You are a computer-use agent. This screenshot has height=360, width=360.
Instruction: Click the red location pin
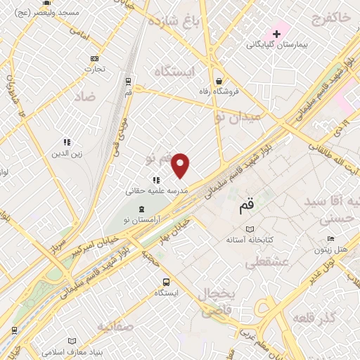click(181, 165)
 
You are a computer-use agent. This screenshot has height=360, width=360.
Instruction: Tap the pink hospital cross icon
click(277, 33)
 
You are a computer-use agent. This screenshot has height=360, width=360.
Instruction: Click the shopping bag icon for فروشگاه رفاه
click(220, 80)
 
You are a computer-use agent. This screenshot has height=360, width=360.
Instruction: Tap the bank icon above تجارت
click(95, 59)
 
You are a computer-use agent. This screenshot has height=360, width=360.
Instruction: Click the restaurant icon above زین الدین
click(67, 142)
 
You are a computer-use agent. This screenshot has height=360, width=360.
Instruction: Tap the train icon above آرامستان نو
click(143, 209)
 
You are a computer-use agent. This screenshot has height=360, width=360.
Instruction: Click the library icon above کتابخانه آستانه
click(250, 229)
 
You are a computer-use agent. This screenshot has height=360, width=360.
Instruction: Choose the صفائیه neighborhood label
click(115, 326)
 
